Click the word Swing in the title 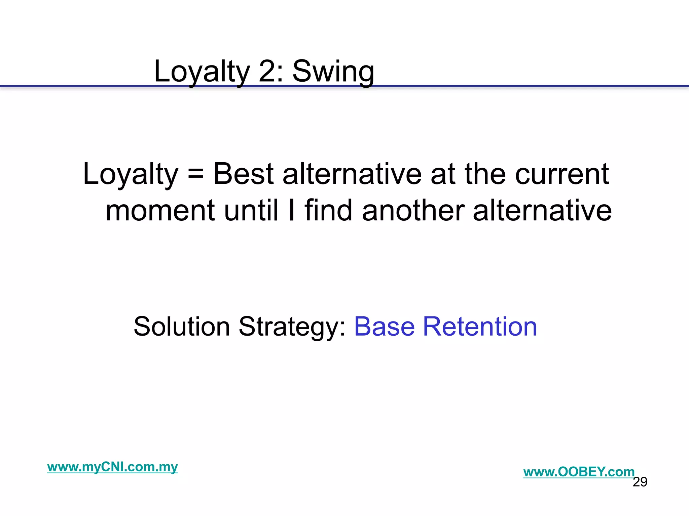(x=333, y=72)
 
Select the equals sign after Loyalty (x=195, y=175)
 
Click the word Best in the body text (x=244, y=174)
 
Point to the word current (x=562, y=174)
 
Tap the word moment (x=160, y=211)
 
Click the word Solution (x=182, y=327)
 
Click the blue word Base (x=384, y=327)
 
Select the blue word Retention (x=480, y=327)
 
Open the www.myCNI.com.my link (x=112, y=467)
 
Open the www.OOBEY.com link (x=579, y=472)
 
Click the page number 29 (x=640, y=482)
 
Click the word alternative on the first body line (x=352, y=174)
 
